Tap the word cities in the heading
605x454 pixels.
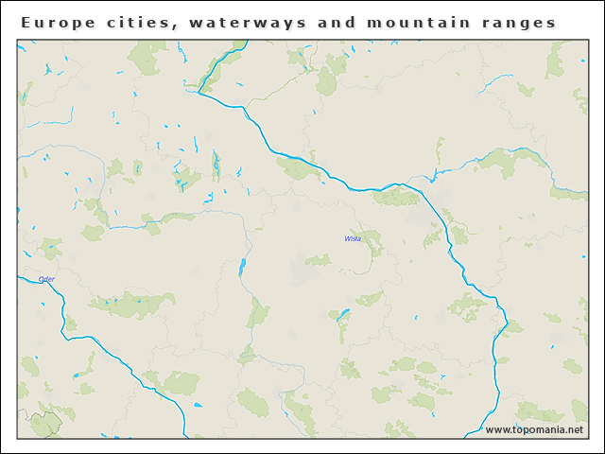[x=140, y=23]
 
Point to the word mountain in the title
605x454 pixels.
[x=417, y=23]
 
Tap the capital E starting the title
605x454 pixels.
[x=26, y=23]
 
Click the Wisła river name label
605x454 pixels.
[x=353, y=239]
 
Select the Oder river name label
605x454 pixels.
[x=46, y=279]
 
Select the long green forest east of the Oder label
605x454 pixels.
[x=132, y=304]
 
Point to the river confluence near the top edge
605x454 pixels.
[x=199, y=92]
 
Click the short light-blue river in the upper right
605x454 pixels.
[x=495, y=83]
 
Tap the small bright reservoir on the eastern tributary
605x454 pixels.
[x=433, y=176]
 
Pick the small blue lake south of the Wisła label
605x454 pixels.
[x=343, y=313]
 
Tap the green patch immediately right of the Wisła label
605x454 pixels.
[x=372, y=242]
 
